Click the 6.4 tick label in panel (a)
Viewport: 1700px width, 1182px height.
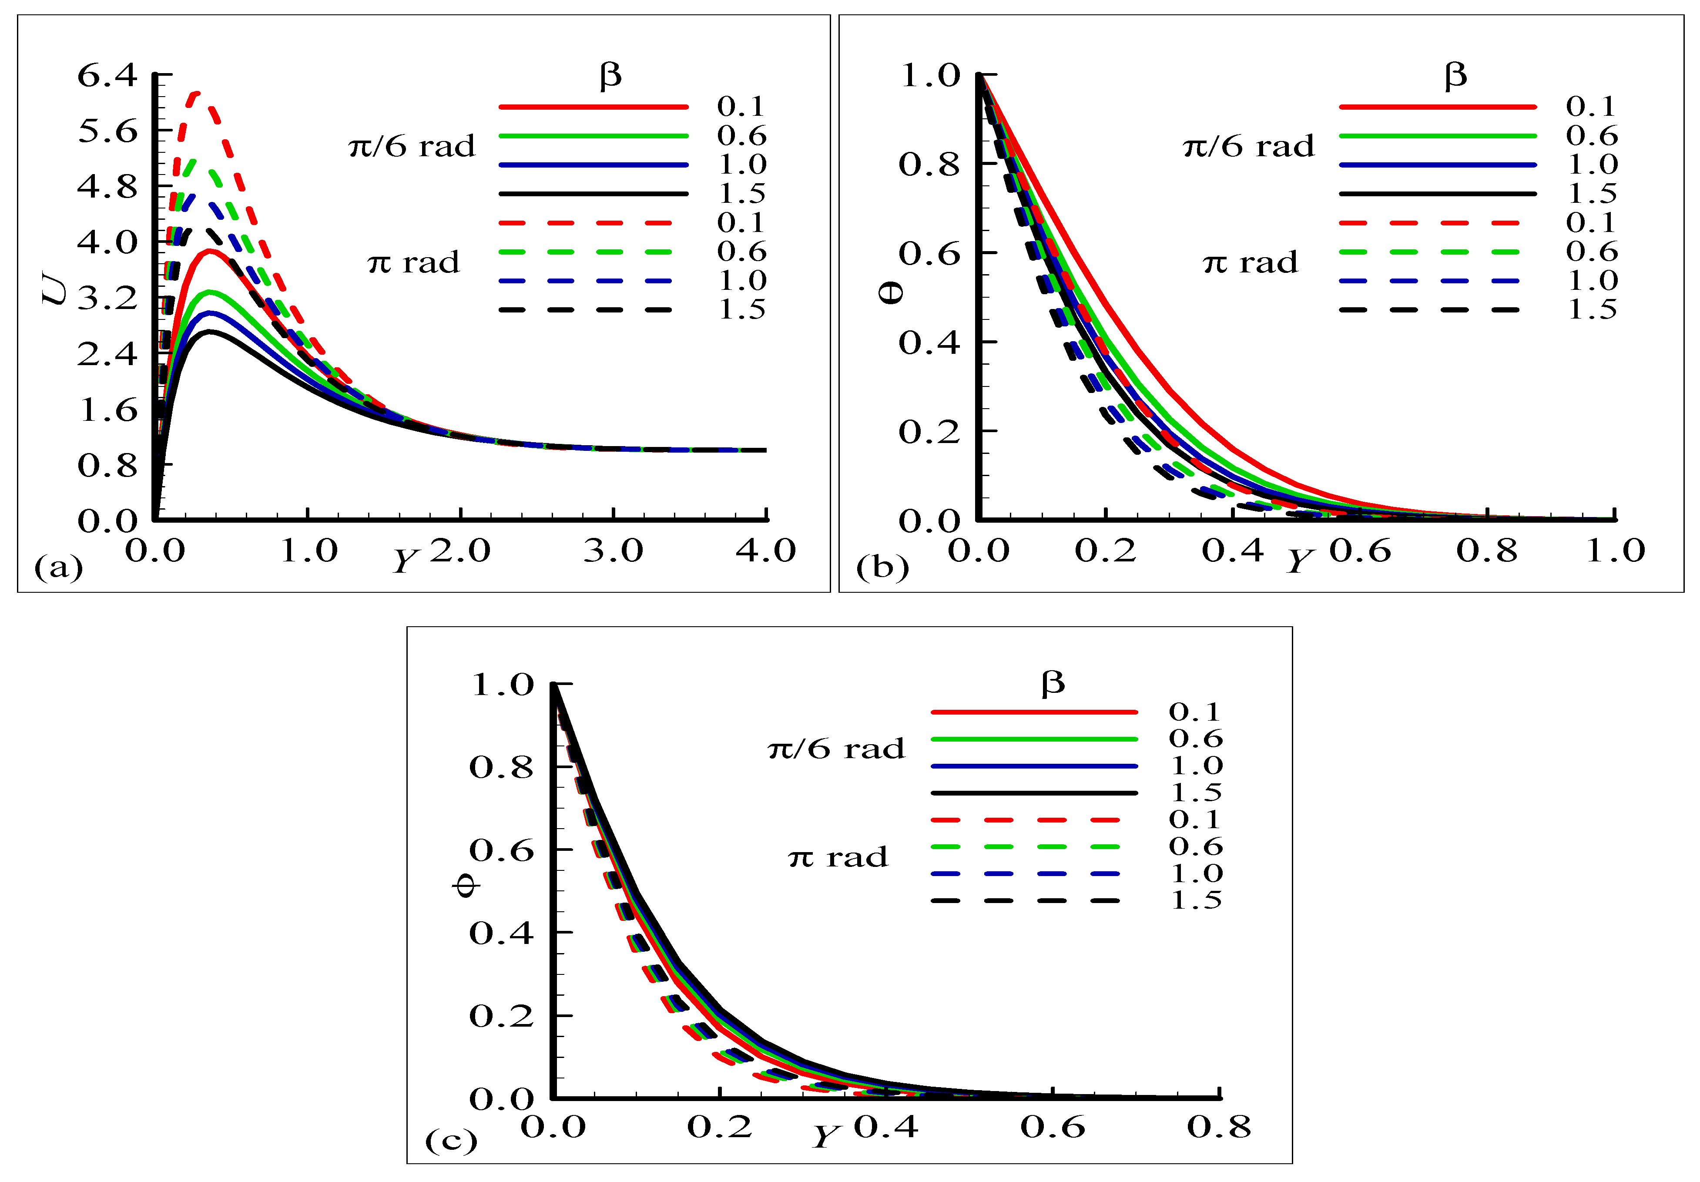tap(107, 76)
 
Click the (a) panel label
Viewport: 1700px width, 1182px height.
tap(58, 567)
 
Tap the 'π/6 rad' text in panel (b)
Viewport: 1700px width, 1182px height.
tap(1248, 147)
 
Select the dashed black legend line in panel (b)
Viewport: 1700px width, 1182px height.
tap(1429, 309)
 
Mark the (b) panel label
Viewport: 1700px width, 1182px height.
tap(882, 567)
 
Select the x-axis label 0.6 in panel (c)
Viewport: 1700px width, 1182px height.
tap(1052, 1127)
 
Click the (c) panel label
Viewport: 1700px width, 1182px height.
tap(450, 1141)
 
